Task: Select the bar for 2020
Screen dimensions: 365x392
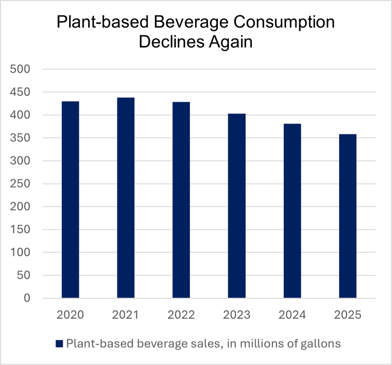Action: [70, 199]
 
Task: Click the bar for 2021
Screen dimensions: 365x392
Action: [126, 198]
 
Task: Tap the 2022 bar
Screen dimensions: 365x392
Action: [181, 200]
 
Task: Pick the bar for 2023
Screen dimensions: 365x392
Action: [237, 206]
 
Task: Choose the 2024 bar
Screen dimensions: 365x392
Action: [292, 210]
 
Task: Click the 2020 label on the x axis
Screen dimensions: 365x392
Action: [70, 315]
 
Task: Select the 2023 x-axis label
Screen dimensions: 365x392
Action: [237, 315]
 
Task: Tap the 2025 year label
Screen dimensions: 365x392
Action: [348, 315]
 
